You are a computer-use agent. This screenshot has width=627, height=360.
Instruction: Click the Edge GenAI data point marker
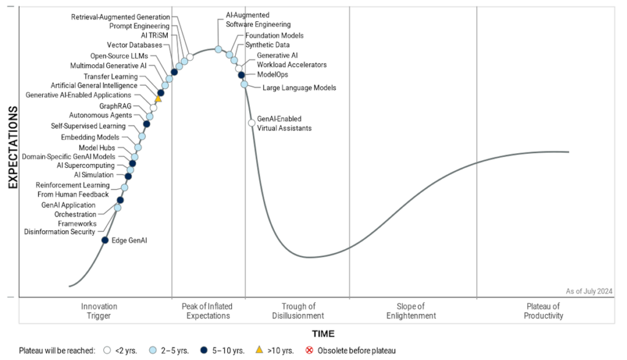105,241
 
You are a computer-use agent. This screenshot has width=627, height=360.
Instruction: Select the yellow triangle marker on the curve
158,98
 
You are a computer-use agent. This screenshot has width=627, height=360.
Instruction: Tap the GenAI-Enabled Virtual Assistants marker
252,123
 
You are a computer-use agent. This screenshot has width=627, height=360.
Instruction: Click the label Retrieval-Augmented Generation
121,17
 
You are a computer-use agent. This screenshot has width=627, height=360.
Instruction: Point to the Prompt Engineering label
140,26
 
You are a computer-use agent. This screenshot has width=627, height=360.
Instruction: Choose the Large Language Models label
299,88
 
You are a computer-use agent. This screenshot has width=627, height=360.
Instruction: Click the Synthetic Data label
268,45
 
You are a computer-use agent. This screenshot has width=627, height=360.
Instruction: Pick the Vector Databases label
135,45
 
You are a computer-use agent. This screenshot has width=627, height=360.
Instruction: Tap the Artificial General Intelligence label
94,86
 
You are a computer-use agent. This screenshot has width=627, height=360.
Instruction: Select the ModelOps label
272,75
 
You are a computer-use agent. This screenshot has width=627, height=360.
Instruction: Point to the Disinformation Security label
60,232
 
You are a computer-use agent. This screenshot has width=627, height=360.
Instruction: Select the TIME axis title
324,334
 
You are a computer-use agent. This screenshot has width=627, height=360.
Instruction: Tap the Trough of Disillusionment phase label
298,311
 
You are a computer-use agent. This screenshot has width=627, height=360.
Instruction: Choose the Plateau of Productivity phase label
543,311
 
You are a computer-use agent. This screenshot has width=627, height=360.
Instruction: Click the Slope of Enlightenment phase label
411,311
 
